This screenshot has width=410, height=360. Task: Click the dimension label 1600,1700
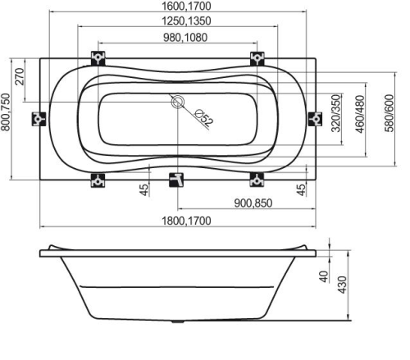[186, 6]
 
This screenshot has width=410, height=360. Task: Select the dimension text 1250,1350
[186, 21]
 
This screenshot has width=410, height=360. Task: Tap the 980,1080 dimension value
[185, 38]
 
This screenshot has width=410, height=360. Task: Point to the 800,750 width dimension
[6, 112]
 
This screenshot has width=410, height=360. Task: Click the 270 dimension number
[20, 76]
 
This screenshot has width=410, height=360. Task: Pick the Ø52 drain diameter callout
[204, 118]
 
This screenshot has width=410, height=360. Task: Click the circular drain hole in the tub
[178, 102]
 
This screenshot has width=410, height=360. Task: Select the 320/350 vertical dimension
[336, 113]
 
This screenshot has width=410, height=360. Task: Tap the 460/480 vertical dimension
[360, 114]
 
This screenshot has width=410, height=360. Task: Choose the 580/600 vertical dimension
[389, 113]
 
